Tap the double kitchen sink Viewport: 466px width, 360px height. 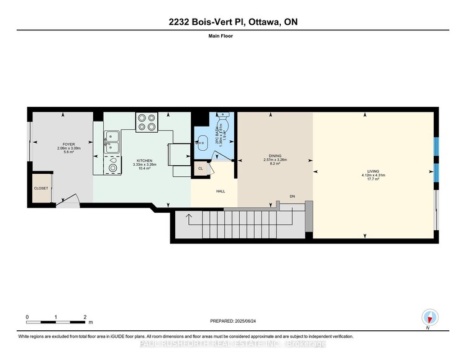(x=112, y=142)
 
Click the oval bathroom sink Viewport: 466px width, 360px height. (x=201, y=142)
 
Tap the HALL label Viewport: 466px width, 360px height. (x=221, y=192)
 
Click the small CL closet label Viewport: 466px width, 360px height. (x=201, y=168)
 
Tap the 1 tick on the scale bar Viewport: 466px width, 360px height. (x=56, y=317)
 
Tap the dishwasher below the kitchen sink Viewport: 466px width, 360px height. (x=112, y=166)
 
